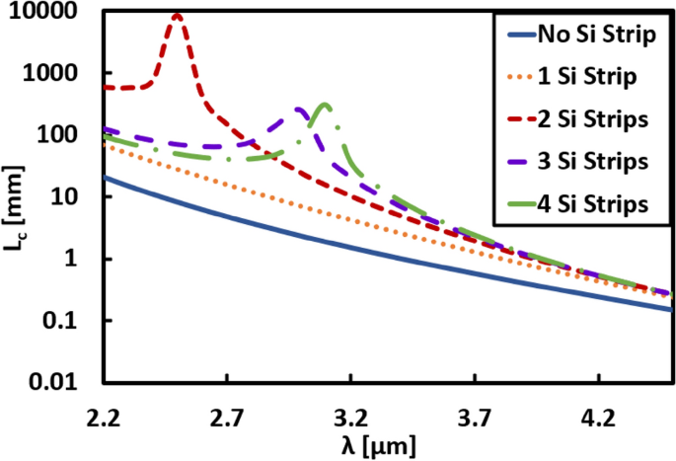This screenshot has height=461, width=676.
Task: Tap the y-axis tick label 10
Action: [75, 197]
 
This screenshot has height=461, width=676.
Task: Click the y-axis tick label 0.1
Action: [72, 321]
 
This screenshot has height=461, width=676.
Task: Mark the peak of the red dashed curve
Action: [177, 15]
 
